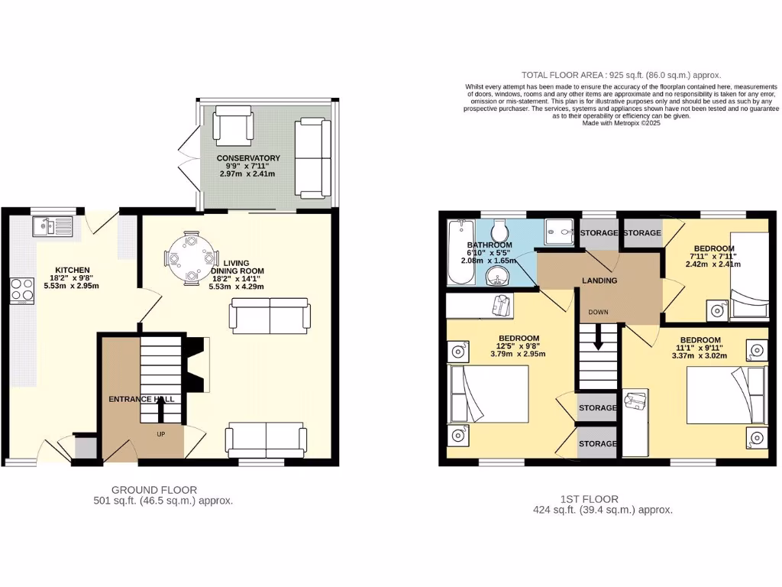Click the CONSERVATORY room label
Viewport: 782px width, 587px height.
248,158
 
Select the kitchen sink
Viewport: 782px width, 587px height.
52,226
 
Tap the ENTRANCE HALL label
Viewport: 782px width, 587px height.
141,399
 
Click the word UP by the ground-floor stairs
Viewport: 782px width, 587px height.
161,434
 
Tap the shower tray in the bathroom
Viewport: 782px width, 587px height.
560,230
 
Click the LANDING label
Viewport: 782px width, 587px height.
599,281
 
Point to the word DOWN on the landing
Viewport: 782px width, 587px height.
598,312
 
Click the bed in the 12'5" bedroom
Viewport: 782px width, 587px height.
489,393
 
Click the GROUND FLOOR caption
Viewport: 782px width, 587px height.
154,490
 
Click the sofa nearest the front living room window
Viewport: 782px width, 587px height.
265,441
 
